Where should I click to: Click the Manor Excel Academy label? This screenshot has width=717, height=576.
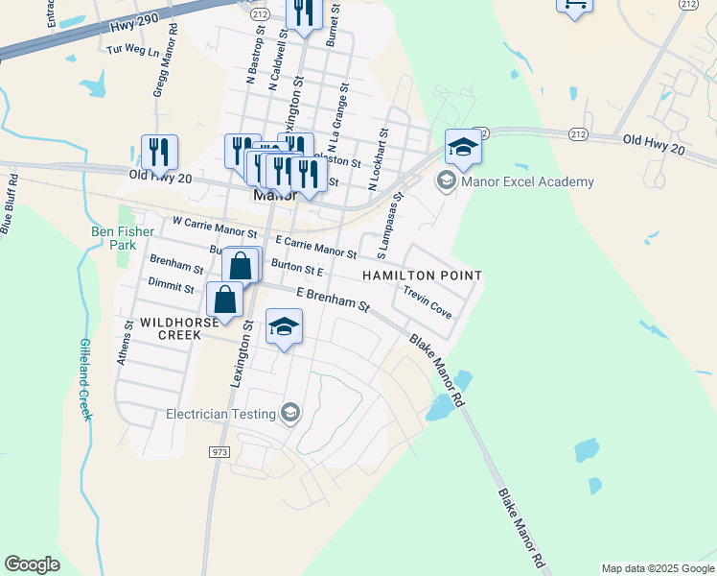pos(527,181)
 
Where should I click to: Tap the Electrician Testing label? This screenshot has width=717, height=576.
pos(220,415)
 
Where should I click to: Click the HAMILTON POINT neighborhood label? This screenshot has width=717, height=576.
pos(421,276)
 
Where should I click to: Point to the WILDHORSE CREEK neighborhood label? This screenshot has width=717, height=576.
pos(172,328)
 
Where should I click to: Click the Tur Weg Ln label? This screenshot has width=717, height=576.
pos(133,49)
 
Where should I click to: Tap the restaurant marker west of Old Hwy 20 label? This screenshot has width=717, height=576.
pos(159,151)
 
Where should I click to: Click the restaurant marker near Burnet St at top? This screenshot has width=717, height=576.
pos(304,13)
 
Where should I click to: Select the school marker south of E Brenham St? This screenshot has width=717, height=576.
pos(284,328)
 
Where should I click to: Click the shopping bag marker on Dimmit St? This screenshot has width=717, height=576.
pos(224,299)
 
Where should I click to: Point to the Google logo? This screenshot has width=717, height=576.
pos(32,564)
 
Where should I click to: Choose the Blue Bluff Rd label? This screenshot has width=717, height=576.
pos(11,204)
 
